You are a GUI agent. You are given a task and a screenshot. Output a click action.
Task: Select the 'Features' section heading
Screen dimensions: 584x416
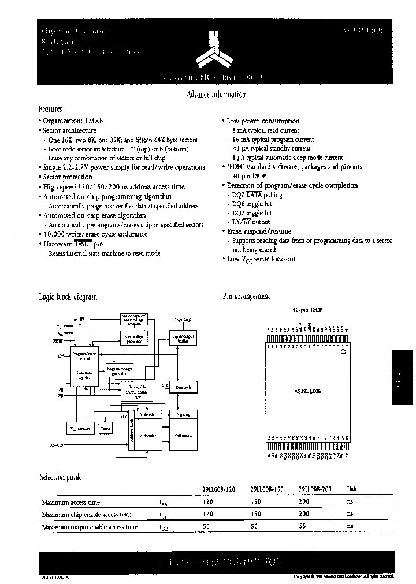[50, 108]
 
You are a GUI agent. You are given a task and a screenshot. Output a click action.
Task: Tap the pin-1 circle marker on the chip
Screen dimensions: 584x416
[343, 351]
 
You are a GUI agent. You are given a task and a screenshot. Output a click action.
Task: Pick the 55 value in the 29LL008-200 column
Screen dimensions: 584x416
[304, 527]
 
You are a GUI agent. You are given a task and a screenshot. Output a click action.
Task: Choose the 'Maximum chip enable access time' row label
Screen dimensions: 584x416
[87, 514]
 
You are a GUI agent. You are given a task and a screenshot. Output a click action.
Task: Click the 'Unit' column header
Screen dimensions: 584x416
[351, 488]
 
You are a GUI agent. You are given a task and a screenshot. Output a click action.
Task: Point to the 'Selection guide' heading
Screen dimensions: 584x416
[60, 477]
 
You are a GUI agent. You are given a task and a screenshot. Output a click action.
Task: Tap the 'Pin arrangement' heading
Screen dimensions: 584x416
[246, 296]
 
